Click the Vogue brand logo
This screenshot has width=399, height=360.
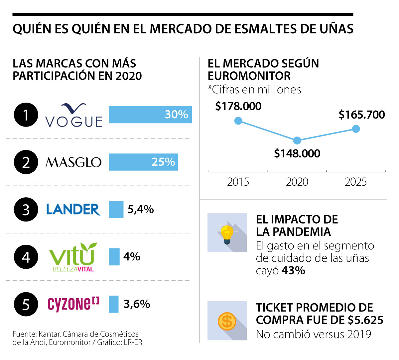point(74,116)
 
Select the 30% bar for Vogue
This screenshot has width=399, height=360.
point(150,115)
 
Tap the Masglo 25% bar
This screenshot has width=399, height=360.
point(143,162)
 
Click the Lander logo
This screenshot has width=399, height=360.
point(73,210)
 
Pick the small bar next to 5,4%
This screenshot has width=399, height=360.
point(116,210)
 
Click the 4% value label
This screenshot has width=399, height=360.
point(132,257)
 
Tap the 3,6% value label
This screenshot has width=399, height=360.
point(137,304)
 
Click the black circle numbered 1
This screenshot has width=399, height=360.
point(26,115)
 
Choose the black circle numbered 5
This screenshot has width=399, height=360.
point(26,304)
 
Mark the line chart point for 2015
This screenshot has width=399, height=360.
point(238,121)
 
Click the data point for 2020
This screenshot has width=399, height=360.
point(297,140)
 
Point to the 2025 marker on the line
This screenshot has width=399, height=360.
point(356,129)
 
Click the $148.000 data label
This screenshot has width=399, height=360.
point(297,153)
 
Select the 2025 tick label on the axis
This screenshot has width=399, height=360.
point(356,182)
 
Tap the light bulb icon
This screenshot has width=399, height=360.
point(227,232)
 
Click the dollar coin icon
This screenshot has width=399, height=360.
point(227,321)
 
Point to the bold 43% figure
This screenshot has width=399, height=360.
point(293,271)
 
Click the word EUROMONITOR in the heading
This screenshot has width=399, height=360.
point(249,76)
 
